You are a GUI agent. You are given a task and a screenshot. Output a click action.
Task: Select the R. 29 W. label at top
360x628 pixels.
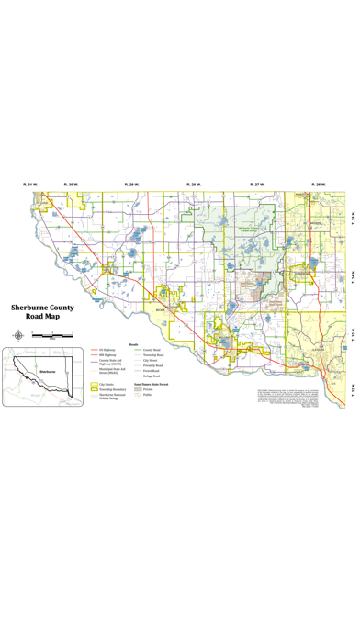[x=133, y=185]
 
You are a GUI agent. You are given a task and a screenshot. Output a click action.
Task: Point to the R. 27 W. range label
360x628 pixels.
[x=256, y=185]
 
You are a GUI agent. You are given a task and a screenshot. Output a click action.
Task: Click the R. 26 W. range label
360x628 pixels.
[x=318, y=185]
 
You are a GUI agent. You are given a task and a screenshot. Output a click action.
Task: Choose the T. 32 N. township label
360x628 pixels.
[x=352, y=392]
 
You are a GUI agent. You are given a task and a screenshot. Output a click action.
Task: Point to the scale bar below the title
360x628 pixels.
[x=51, y=336]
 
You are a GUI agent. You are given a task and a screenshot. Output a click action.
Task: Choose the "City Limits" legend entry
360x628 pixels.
[x=103, y=385]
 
